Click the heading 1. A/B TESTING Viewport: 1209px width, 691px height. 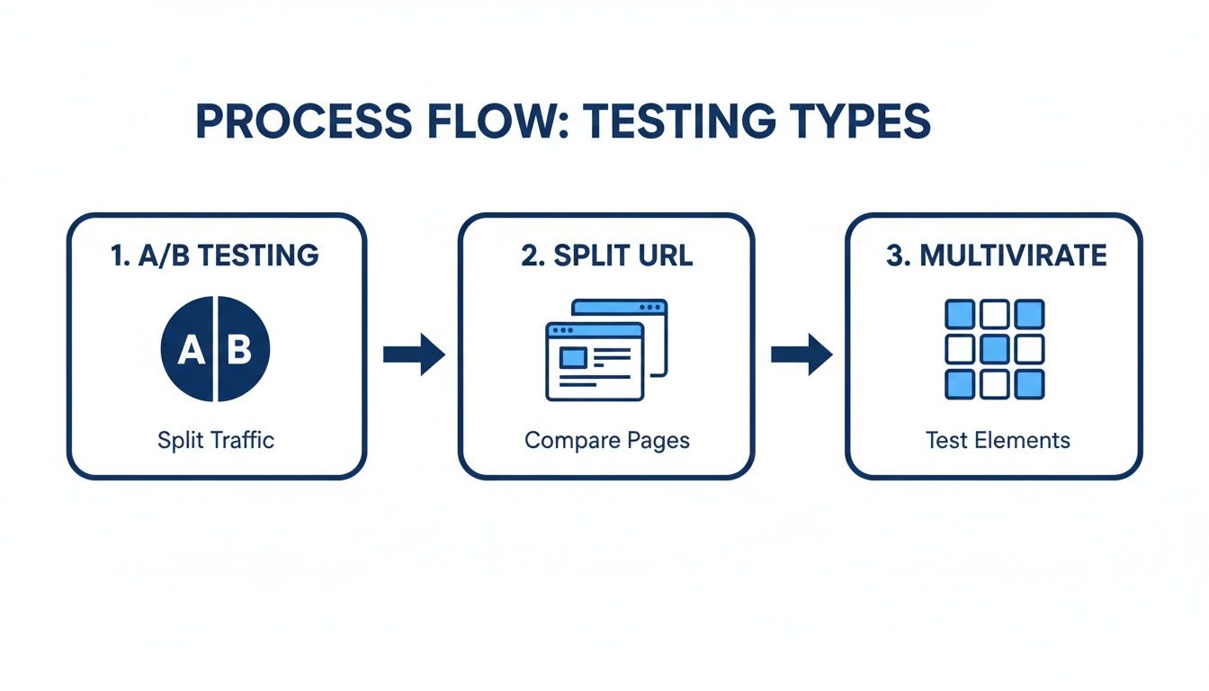point(215,256)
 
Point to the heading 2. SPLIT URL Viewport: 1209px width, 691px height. point(606,256)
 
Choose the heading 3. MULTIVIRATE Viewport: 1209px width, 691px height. point(996,256)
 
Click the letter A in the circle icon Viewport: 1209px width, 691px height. point(190,350)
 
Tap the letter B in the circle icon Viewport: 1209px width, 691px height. point(239,350)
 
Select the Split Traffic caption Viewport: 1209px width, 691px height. point(216,440)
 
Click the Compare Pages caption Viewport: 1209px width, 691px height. point(606,440)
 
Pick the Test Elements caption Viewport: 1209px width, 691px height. point(998,440)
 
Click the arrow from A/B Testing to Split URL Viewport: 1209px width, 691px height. point(414,354)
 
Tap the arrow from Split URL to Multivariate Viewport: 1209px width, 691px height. point(802,354)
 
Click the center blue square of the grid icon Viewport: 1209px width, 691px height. point(994,349)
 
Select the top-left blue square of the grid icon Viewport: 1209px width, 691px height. point(960,315)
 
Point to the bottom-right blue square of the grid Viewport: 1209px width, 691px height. point(1029,384)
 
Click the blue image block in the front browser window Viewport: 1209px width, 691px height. point(573,358)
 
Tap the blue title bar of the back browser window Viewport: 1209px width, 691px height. point(621,308)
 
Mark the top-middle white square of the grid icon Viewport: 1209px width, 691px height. point(994,315)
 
